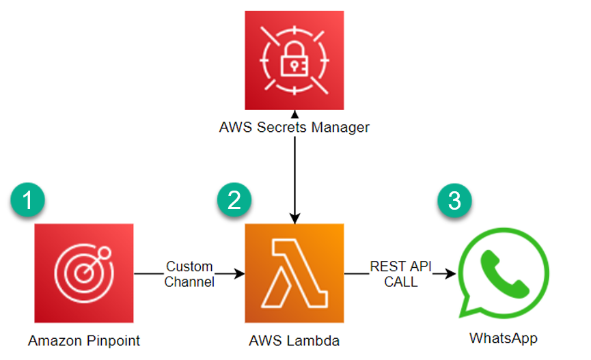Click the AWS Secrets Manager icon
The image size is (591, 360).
pos(294,60)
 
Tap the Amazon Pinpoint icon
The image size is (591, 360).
pos(83,273)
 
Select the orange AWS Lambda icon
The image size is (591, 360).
pos(294,273)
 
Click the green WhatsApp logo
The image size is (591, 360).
pos(504,273)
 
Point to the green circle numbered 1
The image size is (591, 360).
pos(27,199)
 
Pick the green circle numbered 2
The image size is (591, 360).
pos(234,199)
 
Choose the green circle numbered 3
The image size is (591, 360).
pos(454,200)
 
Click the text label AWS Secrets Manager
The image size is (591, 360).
pos(294,128)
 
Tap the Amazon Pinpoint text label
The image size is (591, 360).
pos(83,341)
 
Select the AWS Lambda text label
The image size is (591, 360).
pos(294,341)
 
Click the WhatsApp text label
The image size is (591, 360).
pos(504,338)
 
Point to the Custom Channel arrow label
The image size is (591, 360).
pos(189,274)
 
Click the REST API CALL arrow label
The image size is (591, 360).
pos(400,274)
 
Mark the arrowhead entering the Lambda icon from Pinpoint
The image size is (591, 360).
pos(239,274)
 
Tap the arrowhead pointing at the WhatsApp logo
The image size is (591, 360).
pos(450,274)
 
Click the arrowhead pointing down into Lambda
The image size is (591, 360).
pos(294,219)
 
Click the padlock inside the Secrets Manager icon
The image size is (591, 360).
pos(294,59)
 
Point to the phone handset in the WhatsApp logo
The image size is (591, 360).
pos(505,274)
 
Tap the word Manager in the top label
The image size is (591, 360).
pos(340,128)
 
